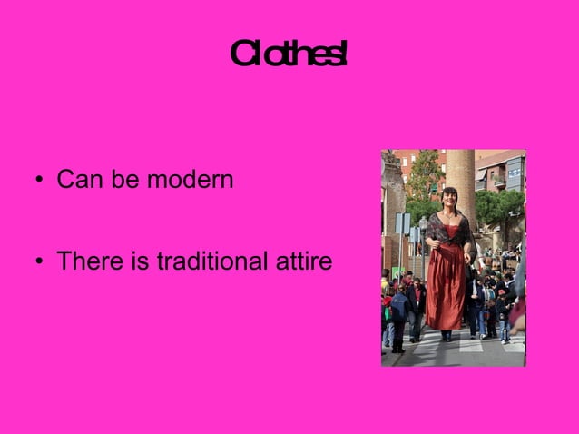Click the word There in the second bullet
pos(85,262)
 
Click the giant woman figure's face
pos(450,199)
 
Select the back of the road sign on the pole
pos(402,223)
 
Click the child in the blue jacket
pos(398,309)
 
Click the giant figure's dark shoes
pos(446,335)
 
